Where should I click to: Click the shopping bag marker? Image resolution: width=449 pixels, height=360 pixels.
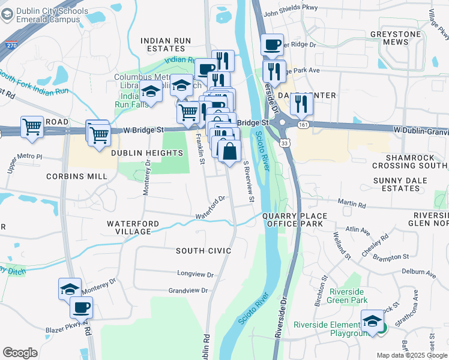pos(229,151)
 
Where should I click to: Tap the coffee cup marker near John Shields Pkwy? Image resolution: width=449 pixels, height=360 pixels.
pos(272,44)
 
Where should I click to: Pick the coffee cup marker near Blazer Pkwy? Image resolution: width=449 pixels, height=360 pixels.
pos(81,308)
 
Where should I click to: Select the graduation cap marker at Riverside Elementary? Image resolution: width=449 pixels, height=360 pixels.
pos(372,322)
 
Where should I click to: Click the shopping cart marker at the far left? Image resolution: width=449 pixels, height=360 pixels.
pos(32,127)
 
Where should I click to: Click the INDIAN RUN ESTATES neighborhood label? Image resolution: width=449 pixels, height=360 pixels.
pos(166,44)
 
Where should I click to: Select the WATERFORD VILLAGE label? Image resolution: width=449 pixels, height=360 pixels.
pos(133,227)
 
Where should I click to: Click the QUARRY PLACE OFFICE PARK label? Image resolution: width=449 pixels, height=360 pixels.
pos(295,220)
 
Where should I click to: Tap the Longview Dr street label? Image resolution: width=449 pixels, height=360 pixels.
pos(195,273)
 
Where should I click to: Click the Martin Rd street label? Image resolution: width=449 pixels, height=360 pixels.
pos(352,204)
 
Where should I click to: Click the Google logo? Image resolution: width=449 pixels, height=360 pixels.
pos(20,353)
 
